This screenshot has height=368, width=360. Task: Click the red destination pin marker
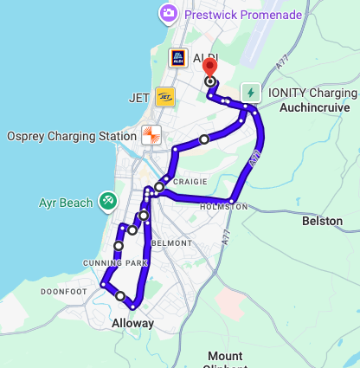coord(210,69)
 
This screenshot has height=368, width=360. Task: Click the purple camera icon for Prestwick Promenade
coord(169,13)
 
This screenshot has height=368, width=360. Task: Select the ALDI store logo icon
coord(177,58)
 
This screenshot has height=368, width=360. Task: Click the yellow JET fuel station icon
coord(165,96)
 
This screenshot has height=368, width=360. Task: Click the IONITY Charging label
coord(312,93)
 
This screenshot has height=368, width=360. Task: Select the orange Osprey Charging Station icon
coord(151,135)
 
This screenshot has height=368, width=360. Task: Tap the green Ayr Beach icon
coord(108,201)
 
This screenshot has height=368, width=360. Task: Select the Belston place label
coord(322,221)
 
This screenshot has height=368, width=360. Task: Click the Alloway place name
coord(132,323)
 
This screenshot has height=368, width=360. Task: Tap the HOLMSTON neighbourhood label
coord(223,207)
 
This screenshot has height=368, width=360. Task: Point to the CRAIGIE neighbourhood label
coord(190,182)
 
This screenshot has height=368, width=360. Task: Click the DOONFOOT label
coord(64,292)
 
